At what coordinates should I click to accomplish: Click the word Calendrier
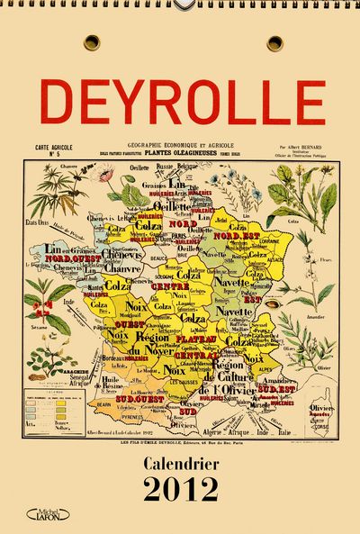[x=182, y=464]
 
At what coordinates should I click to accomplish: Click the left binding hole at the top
[x=92, y=42]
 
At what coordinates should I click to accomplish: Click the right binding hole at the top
[x=274, y=42]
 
